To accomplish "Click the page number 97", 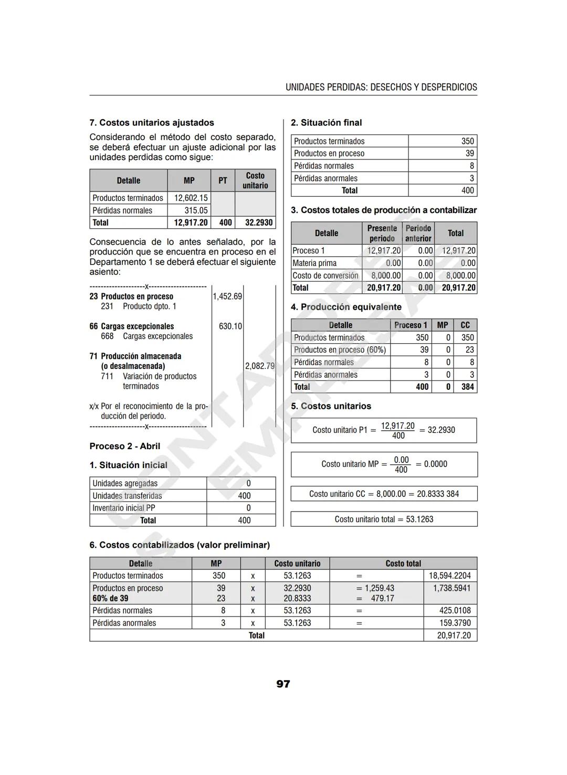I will coord(283,684).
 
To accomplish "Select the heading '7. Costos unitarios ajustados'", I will coord(152,123).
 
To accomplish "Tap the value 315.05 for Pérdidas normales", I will coord(196,210).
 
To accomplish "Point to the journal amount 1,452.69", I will coord(227,296).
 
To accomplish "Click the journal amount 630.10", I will coord(230,326).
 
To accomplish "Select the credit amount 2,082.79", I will coord(260,366).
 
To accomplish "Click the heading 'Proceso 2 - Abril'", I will coord(125,446).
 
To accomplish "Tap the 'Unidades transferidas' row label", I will coord(127,496).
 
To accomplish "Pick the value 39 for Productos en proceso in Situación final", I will coord(469,153).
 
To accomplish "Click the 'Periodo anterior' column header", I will coord(418,233).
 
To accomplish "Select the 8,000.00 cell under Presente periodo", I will coord(386,275).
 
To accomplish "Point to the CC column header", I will coord(465,325).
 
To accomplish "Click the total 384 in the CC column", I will coord(467,387).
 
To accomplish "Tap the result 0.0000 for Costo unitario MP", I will coord(435,464).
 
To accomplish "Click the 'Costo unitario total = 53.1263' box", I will coord(384,519).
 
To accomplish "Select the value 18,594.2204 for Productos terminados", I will coord(450,576).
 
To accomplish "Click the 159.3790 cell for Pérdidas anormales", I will coord(455,623).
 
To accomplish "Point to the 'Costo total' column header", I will coord(403,564).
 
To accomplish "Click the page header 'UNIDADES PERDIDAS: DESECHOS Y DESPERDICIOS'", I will coord(381,87).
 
